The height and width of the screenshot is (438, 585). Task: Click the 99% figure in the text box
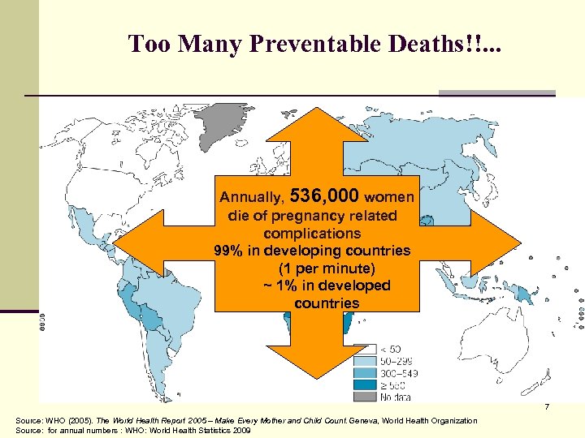click(x=227, y=251)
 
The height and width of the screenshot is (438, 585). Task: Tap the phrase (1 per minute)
click(x=317, y=268)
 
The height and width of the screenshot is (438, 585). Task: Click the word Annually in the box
click(x=252, y=197)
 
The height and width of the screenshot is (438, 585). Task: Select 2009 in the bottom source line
click(x=242, y=431)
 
